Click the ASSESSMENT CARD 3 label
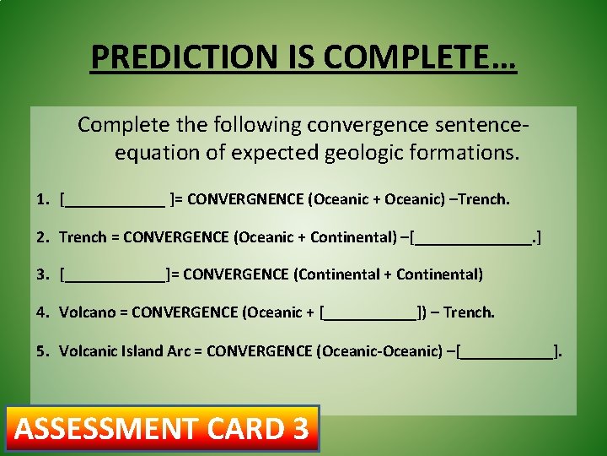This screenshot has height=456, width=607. coord(162,429)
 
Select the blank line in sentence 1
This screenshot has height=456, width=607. coord(115,200)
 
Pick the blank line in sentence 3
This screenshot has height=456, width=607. coord(115,274)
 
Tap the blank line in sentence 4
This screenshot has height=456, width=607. coord(371,312)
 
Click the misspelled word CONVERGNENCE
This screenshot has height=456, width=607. coord(245,199)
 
